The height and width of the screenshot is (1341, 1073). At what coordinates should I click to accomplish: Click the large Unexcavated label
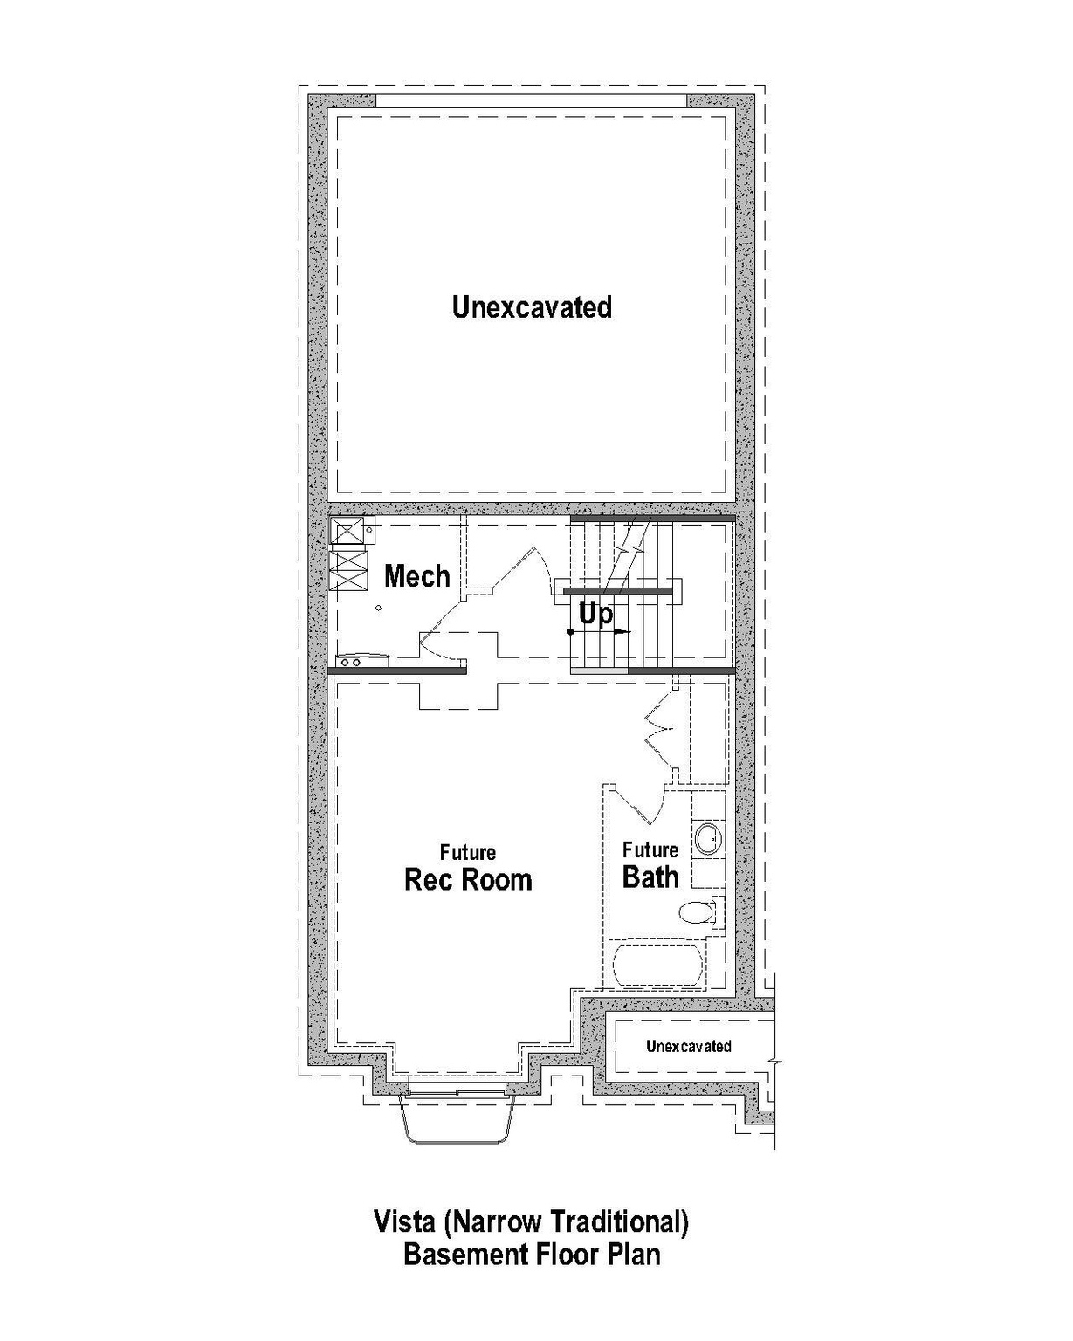(532, 307)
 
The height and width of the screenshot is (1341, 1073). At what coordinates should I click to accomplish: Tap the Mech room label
(417, 576)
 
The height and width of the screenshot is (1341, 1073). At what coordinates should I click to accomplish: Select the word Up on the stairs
(595, 615)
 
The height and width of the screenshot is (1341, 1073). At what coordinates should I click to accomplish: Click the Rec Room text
(468, 879)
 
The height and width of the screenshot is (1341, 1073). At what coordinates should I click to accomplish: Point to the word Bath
(650, 877)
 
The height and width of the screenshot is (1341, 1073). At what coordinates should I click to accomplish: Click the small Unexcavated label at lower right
(688, 1046)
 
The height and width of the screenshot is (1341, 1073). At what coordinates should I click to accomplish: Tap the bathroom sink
(708, 838)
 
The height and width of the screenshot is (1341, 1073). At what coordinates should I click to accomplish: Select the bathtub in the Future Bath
(658, 965)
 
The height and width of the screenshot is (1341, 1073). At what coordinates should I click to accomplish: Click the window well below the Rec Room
(456, 1117)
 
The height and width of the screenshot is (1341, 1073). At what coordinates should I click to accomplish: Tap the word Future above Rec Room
(468, 852)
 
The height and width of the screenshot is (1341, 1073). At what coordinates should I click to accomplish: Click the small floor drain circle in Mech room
(378, 608)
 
